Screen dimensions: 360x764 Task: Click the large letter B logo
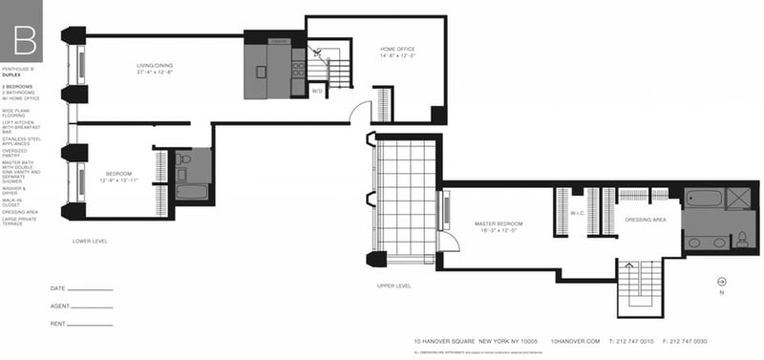tap(26, 41)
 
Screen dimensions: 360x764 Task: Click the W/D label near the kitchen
tap(318, 91)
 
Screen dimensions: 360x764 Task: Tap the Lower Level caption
tap(90, 242)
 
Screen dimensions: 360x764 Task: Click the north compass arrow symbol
tap(721, 281)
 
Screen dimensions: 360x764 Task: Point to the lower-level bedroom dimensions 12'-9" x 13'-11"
tap(121, 180)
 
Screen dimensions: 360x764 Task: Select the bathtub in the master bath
tap(703, 201)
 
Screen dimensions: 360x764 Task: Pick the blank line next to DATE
tap(91, 289)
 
